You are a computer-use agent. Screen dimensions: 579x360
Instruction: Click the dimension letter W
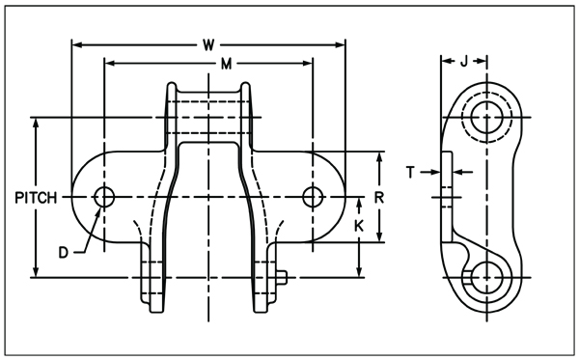pos(208,45)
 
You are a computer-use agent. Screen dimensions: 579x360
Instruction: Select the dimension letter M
pos(226,64)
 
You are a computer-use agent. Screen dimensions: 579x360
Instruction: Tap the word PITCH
pos(36,198)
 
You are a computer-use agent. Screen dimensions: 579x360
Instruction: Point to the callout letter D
pos(64,253)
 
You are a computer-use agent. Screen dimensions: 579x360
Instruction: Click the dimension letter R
pos(379,198)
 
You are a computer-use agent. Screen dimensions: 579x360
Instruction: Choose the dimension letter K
pos(359,226)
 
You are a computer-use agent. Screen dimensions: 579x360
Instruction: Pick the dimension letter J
pos(464,61)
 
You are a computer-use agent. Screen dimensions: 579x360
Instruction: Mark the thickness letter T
pos(410,172)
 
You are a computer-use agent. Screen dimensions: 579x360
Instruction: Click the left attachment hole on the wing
pos(104,197)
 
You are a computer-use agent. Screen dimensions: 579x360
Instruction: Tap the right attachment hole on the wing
pos(313,197)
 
